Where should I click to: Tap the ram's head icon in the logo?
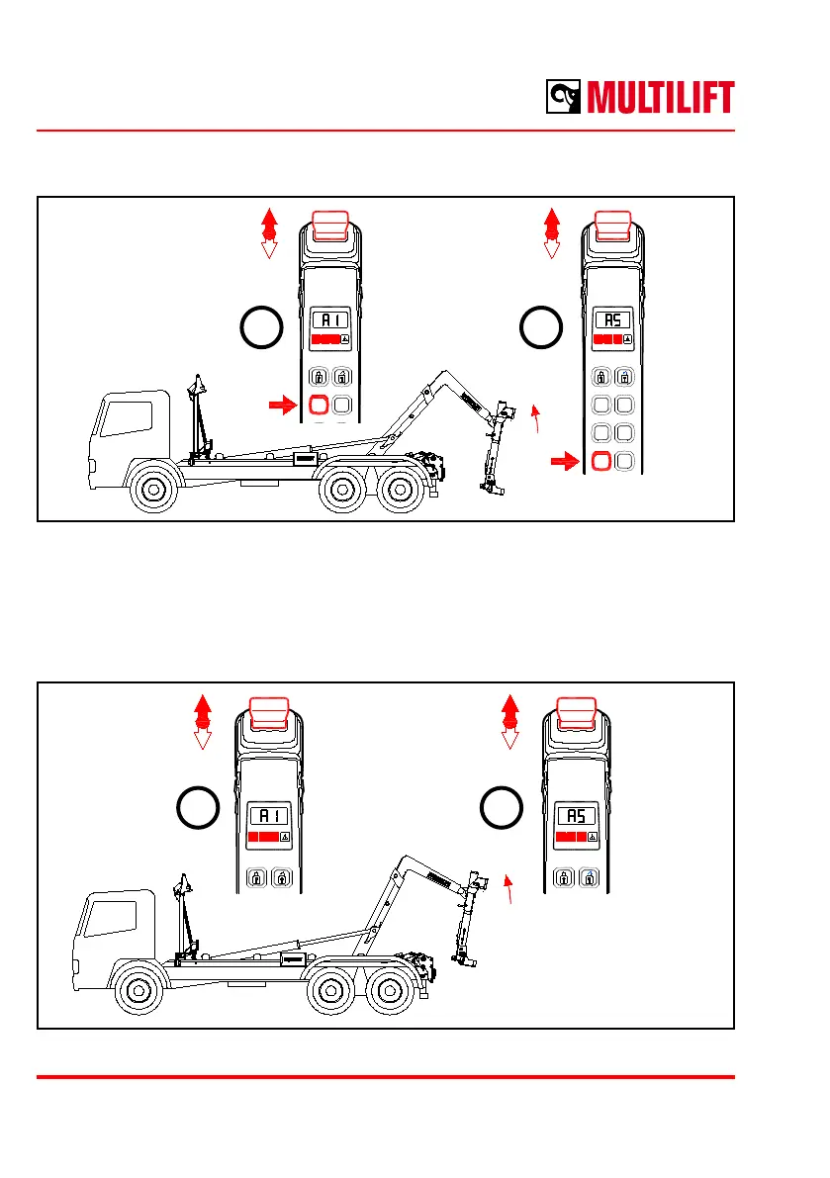pyautogui.click(x=565, y=98)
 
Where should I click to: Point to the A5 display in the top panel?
pyautogui.click(x=612, y=320)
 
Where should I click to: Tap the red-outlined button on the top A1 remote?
pyautogui.click(x=319, y=405)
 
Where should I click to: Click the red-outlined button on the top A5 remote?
pyautogui.click(x=599, y=461)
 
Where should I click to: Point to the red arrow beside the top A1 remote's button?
pyautogui.click(x=283, y=404)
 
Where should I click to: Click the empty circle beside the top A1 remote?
pyautogui.click(x=261, y=327)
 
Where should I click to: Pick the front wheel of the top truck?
pyautogui.click(x=154, y=491)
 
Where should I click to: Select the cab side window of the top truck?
pyautogui.click(x=122, y=417)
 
